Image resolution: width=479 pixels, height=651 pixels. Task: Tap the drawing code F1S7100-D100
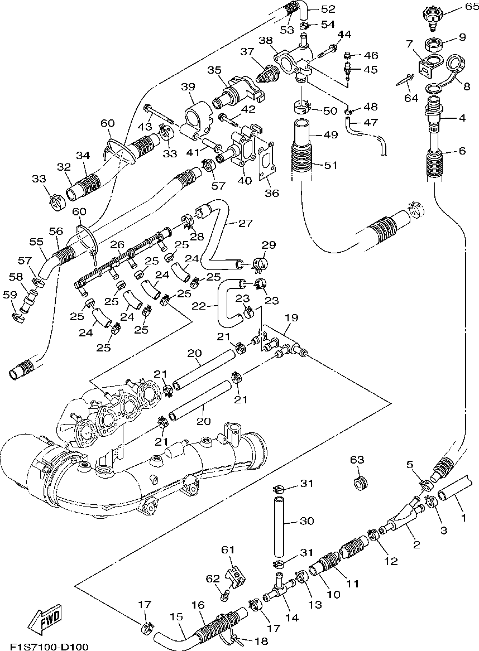click(x=49, y=646)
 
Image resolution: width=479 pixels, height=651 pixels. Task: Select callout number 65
click(x=472, y=7)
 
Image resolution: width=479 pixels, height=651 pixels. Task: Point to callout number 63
click(x=357, y=460)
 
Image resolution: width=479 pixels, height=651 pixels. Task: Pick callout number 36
click(x=272, y=192)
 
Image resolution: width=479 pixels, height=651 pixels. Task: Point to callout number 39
click(x=188, y=87)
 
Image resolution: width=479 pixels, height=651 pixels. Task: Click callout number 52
click(x=328, y=9)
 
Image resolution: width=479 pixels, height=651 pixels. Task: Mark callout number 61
click(x=228, y=550)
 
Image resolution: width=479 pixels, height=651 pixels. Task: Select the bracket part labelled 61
click(x=236, y=573)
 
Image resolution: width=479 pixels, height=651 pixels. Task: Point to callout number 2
click(x=416, y=544)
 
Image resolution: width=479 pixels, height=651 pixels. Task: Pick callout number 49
click(x=330, y=135)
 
